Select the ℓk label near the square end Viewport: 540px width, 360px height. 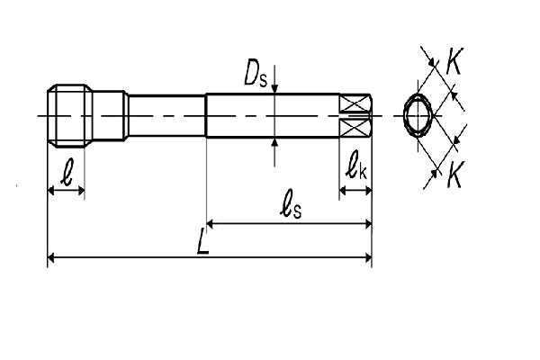pos(355,166)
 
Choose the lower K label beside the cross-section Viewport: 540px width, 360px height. pos(454,176)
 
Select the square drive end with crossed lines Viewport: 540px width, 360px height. pos(356,116)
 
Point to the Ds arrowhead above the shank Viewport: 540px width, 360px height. pos(274,88)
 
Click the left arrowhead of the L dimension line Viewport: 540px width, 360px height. pos(51,259)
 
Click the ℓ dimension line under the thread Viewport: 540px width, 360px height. pos(65,191)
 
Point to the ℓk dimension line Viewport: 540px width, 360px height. pos(355,191)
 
